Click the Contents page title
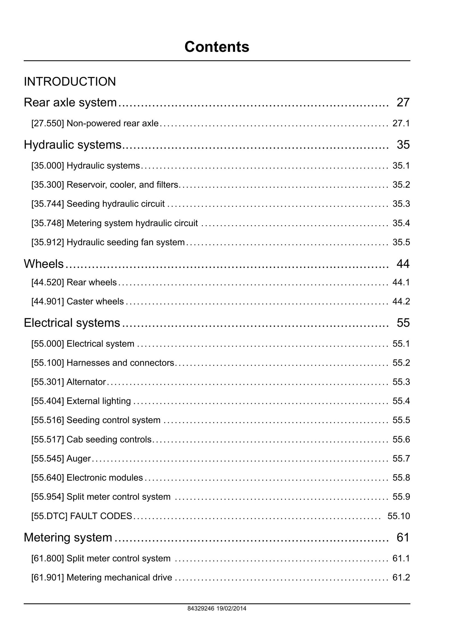click(217, 47)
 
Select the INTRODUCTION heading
click(70, 82)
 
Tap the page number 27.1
click(401, 123)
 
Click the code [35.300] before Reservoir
click(48, 185)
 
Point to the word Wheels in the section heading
click(44, 264)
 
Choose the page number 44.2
click(401, 301)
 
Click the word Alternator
click(86, 382)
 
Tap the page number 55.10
click(399, 516)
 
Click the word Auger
click(79, 458)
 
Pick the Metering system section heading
click(68, 537)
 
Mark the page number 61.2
click(401, 577)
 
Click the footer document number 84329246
click(201, 608)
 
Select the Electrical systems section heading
click(72, 323)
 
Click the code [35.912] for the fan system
click(48, 242)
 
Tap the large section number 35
click(403, 145)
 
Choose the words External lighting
click(99, 401)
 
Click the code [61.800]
click(48, 558)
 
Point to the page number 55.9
click(401, 497)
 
